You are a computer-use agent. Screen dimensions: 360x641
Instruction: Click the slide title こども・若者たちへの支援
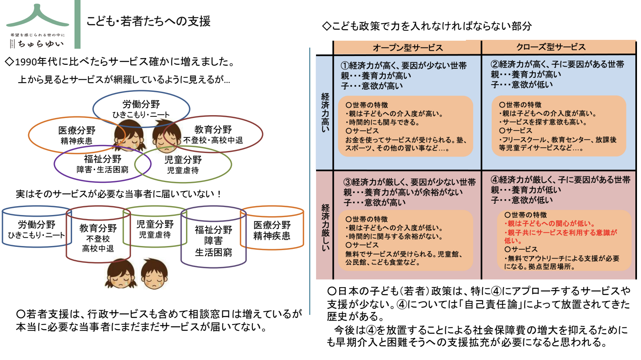click(148, 21)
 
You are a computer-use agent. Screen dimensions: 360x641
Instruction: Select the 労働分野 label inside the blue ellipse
click(141, 104)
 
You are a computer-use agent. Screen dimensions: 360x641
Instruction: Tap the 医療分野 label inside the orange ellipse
click(77, 130)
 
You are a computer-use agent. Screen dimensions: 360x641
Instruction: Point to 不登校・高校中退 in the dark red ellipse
click(213, 140)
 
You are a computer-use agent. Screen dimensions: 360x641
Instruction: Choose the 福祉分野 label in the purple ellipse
click(102, 159)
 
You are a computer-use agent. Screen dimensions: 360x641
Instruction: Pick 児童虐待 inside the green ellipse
click(183, 170)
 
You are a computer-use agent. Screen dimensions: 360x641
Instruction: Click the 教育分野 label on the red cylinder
click(98, 228)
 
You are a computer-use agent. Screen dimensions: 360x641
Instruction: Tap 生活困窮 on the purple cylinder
click(213, 252)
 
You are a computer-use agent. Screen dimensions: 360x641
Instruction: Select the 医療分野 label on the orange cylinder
click(272, 225)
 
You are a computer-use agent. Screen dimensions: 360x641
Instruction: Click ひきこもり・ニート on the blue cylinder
click(36, 235)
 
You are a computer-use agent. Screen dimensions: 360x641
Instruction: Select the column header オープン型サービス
click(407, 48)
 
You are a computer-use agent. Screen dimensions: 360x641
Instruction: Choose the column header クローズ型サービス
click(551, 47)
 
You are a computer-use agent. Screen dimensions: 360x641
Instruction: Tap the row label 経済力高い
click(325, 112)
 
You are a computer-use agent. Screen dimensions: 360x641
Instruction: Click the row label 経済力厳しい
click(325, 227)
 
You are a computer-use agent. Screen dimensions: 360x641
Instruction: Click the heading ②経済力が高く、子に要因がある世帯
click(557, 64)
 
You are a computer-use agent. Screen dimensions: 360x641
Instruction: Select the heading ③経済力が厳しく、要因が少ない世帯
click(409, 182)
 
